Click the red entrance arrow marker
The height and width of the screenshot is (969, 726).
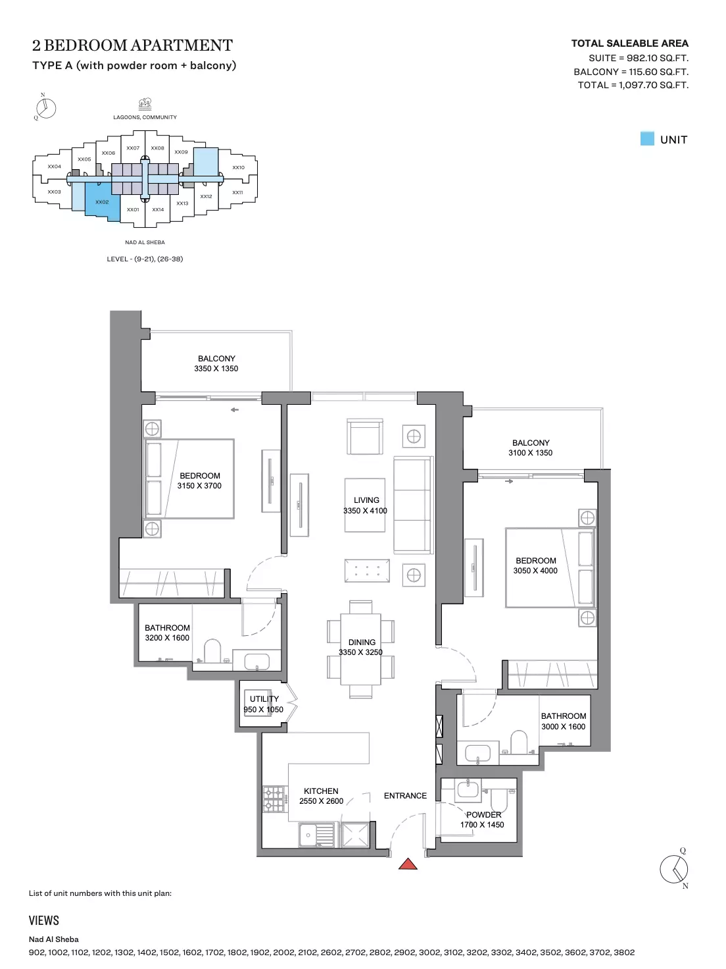click(x=408, y=864)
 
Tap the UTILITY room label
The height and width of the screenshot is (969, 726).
click(x=264, y=699)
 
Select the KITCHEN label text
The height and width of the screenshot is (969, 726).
click(x=321, y=791)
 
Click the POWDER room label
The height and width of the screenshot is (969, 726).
click(x=483, y=814)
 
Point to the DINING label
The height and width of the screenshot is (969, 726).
click(x=362, y=642)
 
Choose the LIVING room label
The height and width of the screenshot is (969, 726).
click(x=366, y=500)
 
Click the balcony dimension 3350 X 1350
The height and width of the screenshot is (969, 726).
click(x=216, y=369)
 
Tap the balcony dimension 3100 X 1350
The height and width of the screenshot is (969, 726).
click(x=530, y=452)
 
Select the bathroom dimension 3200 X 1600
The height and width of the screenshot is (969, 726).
click(x=167, y=637)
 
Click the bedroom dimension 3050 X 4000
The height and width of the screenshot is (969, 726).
click(x=535, y=570)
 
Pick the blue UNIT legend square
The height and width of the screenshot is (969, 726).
click(x=647, y=139)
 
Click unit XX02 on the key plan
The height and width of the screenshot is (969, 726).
click(x=102, y=202)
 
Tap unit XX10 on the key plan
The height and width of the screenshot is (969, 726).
click(x=239, y=167)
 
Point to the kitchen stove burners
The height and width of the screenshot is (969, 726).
click(x=274, y=799)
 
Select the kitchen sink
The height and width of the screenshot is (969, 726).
click(x=316, y=835)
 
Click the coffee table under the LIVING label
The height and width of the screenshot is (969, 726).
click(x=365, y=505)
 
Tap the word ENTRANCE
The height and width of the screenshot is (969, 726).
click(x=405, y=795)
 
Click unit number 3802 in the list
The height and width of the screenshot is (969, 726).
click(x=623, y=953)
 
